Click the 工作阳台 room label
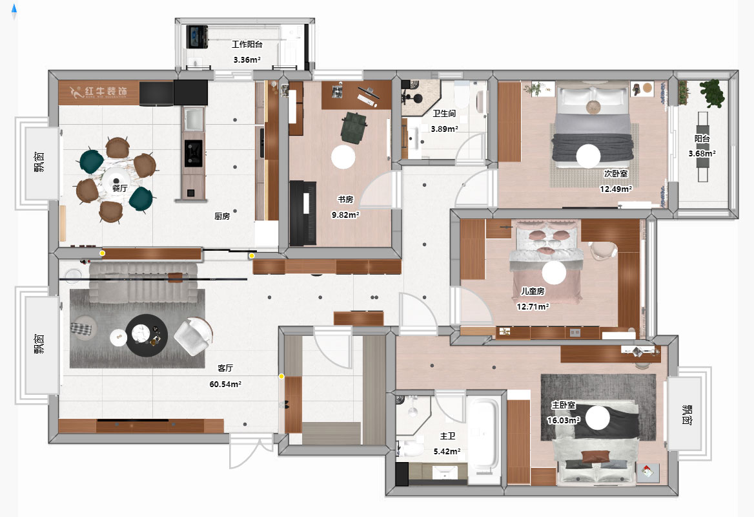(x=247, y=45)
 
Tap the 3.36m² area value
(x=247, y=59)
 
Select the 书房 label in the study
(x=345, y=199)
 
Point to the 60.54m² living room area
(x=225, y=384)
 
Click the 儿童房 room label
(x=533, y=291)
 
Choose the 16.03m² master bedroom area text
(x=563, y=420)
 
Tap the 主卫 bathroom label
(x=447, y=436)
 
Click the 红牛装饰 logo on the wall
(x=99, y=92)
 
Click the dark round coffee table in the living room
(x=147, y=335)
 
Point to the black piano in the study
(x=303, y=213)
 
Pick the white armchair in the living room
(x=193, y=336)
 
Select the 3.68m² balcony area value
(x=702, y=154)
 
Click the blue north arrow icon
(x=14, y=12)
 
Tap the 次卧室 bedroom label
(x=616, y=173)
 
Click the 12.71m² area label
(x=533, y=306)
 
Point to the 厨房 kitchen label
(x=222, y=216)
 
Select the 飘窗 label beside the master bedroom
(x=687, y=415)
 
